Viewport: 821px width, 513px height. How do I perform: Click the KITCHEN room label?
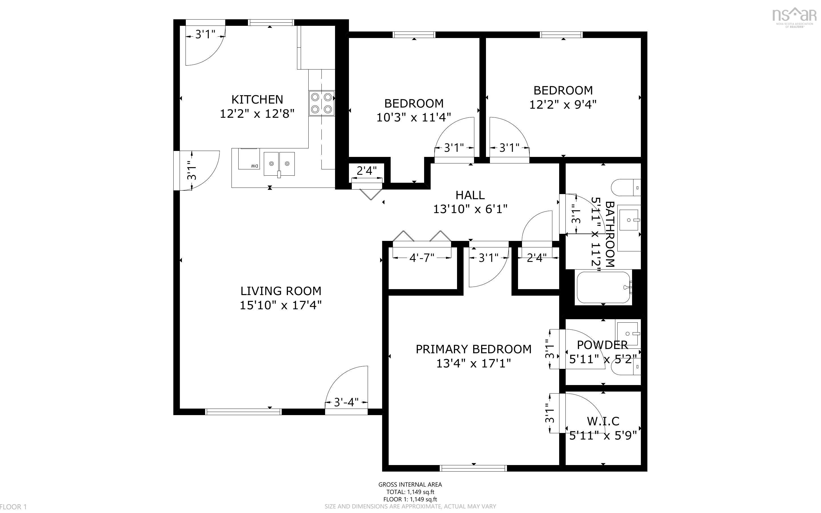257,99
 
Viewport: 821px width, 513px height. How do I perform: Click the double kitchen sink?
279,164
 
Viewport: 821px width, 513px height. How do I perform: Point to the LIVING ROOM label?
281,291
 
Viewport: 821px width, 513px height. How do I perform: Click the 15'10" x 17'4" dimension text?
281,305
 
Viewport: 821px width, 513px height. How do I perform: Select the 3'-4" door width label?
346,402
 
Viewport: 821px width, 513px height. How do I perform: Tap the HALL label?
470,195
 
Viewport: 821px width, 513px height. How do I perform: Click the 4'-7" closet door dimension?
422,258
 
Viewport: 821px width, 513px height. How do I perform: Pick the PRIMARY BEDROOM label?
473,349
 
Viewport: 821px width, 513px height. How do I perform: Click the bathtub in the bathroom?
604,287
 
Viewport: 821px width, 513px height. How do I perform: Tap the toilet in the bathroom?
626,188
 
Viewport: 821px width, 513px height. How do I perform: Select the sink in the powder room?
628,333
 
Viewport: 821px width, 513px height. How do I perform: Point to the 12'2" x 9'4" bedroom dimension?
563,104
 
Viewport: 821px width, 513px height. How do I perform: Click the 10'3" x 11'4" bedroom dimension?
414,117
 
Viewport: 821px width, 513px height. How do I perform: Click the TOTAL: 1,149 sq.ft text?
410,492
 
